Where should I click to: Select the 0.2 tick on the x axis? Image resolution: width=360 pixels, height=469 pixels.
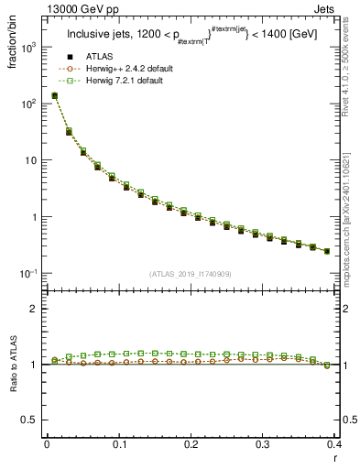tap(191, 444)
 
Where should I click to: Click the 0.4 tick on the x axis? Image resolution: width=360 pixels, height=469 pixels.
tap(334, 444)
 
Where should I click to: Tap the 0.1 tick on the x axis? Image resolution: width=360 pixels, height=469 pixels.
tap(118, 444)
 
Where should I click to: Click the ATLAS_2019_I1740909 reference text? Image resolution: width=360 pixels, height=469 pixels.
tap(191, 273)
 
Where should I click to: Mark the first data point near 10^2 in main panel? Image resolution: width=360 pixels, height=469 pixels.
tap(54, 95)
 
